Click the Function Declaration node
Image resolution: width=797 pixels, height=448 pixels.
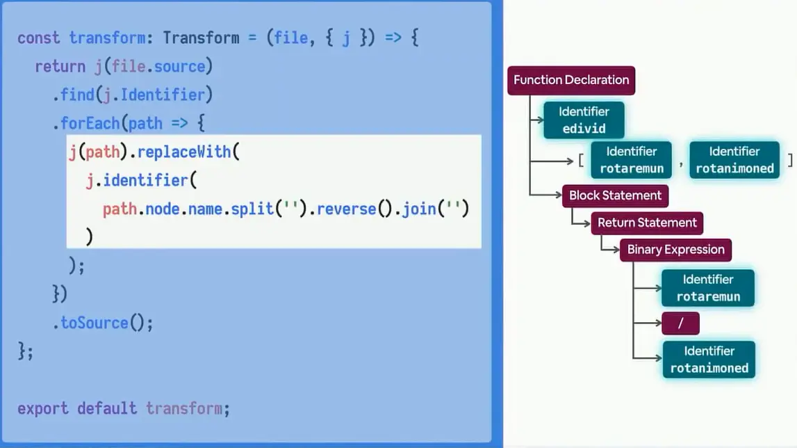571,80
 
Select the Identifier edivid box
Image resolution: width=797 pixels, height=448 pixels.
584,120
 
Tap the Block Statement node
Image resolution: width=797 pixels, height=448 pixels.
615,195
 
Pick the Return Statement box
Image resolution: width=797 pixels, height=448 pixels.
647,223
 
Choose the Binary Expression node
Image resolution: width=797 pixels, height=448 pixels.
675,250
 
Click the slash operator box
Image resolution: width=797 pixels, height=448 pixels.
680,323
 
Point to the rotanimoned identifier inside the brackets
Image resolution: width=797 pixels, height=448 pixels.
734,160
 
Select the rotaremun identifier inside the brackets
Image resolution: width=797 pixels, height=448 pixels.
632,160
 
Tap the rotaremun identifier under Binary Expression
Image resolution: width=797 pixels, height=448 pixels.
708,288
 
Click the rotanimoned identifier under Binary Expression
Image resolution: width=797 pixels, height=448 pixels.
709,360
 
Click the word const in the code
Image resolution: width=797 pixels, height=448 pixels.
39,38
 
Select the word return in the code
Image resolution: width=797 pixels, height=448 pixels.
60,66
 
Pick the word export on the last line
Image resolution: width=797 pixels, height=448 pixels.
43,408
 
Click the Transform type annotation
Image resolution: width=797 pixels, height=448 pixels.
201,38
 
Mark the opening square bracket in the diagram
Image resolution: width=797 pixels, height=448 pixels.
581,161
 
